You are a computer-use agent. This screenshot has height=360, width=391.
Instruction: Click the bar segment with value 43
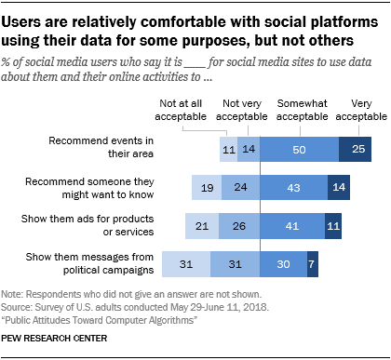pyautogui.click(x=293, y=189)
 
